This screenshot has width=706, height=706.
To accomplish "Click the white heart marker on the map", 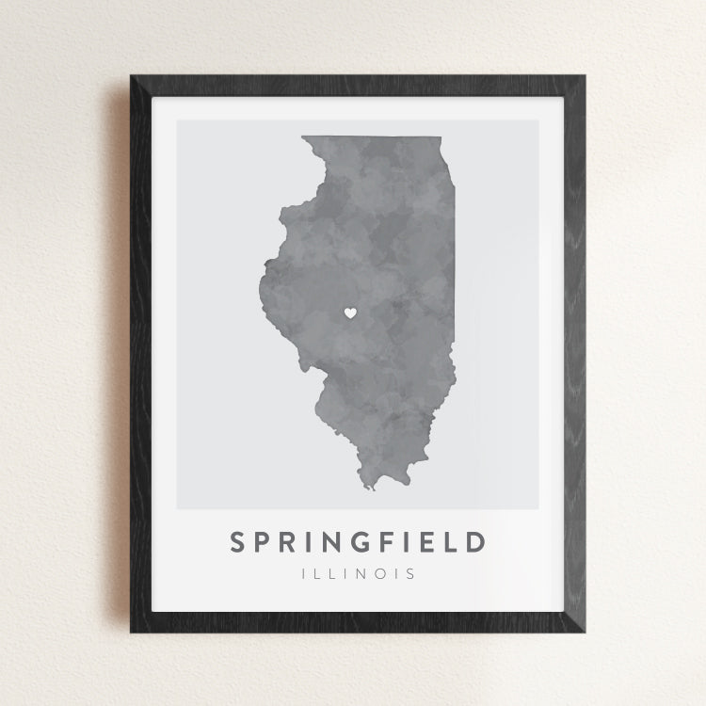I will click(x=349, y=313).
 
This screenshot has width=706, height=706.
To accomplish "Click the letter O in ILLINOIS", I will click(x=377, y=572).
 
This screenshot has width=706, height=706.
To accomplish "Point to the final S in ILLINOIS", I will click(x=409, y=572).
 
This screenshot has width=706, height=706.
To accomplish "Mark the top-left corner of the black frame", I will click(x=133, y=76).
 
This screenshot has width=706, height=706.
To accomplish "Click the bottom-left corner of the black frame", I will click(x=133, y=630).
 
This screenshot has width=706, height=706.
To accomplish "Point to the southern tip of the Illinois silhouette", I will click(x=372, y=489).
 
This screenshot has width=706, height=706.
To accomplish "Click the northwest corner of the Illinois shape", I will click(x=302, y=137).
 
